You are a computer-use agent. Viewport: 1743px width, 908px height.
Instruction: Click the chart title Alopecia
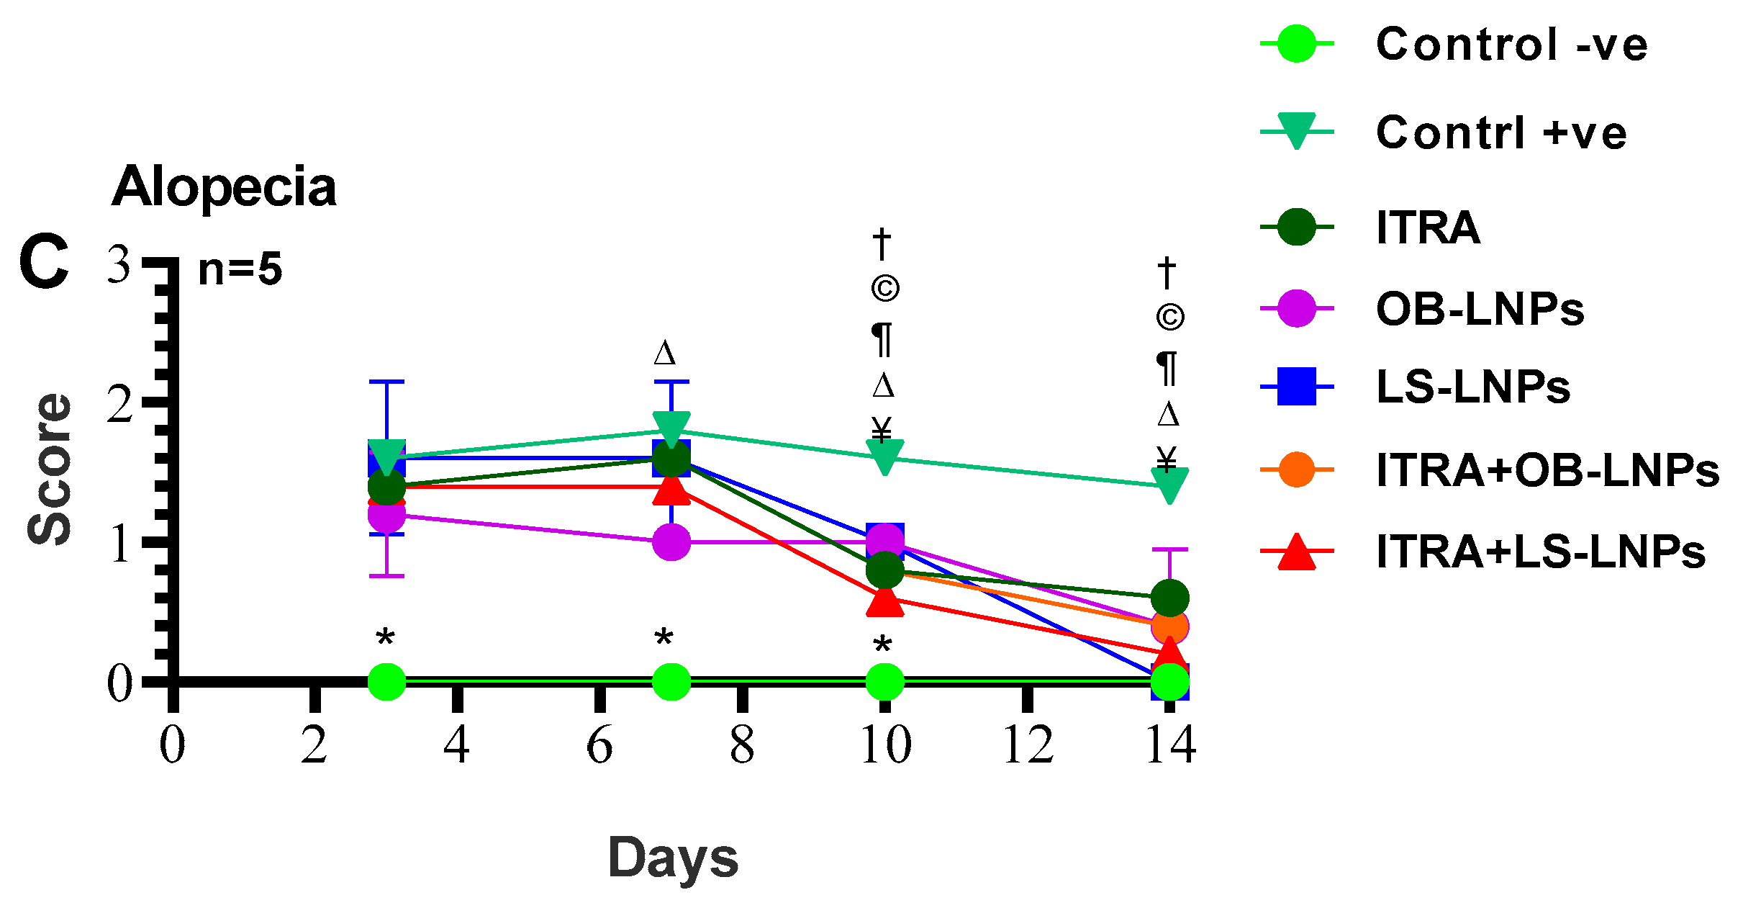coord(224,187)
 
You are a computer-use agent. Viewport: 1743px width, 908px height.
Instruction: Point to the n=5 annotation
coord(240,269)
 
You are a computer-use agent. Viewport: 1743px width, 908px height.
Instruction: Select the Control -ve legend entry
coord(1511,45)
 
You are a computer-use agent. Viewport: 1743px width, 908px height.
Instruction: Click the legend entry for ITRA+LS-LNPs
coord(1540,552)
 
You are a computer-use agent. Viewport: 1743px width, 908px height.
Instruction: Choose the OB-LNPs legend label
coord(1480,310)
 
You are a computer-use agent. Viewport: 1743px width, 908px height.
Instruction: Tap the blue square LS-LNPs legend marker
coord(1296,387)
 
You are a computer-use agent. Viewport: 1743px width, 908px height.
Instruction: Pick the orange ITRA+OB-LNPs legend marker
coord(1296,470)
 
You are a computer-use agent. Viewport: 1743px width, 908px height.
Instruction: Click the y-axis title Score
coord(50,469)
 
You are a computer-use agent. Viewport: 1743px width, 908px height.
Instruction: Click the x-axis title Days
coord(673,858)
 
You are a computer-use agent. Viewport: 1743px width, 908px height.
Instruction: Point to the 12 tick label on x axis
coord(1028,745)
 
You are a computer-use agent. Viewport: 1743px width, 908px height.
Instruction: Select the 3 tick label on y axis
coord(119,265)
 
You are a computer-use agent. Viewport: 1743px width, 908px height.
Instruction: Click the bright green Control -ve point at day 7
coord(671,680)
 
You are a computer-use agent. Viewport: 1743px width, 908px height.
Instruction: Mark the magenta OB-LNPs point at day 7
coord(671,541)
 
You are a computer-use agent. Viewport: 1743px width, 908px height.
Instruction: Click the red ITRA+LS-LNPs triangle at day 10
coord(884,601)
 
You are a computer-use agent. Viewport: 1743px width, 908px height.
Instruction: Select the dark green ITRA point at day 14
coord(1169,598)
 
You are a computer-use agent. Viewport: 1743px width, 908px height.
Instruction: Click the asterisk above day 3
coord(386,638)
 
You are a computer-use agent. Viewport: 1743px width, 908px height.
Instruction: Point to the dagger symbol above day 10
coord(882,244)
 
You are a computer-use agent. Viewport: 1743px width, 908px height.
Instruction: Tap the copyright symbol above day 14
coord(1169,317)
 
